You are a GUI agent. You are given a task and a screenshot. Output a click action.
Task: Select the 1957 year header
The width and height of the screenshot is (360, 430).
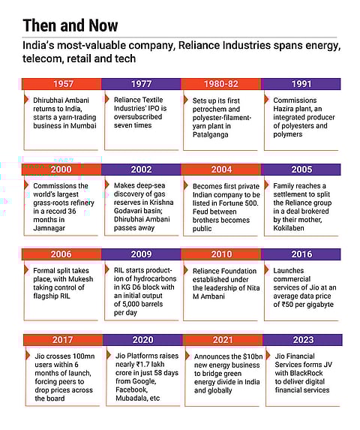pos(61,83)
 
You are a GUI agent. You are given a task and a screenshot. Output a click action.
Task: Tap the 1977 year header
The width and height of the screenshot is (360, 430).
pos(142,83)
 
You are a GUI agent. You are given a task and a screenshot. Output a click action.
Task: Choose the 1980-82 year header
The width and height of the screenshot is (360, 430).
pos(220,83)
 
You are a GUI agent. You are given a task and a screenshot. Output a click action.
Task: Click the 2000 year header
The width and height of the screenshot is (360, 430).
pos(61,170)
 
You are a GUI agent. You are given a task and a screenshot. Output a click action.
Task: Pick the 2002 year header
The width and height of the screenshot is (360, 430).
pos(142,170)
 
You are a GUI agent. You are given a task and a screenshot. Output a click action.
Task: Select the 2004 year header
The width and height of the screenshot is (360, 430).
pos(220,170)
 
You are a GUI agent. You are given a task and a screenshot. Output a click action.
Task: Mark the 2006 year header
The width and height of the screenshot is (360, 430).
pos(61,254)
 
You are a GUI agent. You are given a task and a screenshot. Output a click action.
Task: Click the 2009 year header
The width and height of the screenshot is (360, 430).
pos(142,254)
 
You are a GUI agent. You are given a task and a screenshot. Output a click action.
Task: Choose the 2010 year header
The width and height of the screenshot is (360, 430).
pos(220,254)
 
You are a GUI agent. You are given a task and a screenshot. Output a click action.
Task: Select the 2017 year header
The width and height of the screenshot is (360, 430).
pos(61,339)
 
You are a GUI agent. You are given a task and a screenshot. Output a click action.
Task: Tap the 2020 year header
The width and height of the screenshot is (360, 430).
pos(142,339)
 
